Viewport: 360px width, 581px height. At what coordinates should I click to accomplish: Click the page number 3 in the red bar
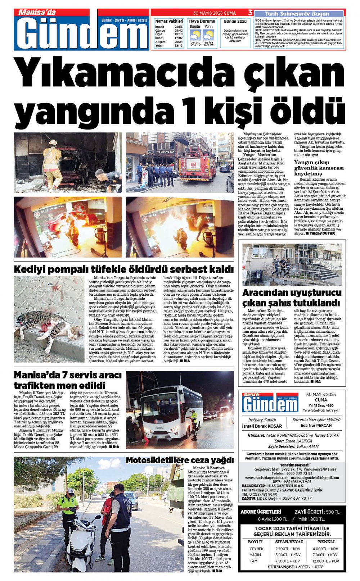click(x=250, y=13)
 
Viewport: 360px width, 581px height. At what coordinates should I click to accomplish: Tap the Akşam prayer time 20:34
click(x=178, y=42)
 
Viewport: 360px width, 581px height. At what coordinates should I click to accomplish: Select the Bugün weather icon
click(x=195, y=35)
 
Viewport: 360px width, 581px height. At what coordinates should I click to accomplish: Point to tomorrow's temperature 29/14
click(x=208, y=44)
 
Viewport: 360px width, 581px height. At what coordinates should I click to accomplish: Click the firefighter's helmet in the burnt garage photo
click(x=53, y=143)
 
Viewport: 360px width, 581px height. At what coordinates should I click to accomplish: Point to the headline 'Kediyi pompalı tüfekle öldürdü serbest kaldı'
click(x=123, y=269)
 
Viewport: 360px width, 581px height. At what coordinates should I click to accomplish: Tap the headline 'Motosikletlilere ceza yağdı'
click(x=179, y=460)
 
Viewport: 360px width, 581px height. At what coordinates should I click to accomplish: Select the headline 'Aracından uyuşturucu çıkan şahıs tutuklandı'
click(x=291, y=297)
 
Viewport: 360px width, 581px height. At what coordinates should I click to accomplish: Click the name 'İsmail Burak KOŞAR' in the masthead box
click(x=262, y=426)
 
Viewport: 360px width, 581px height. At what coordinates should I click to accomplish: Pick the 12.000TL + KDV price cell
click(x=325, y=561)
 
